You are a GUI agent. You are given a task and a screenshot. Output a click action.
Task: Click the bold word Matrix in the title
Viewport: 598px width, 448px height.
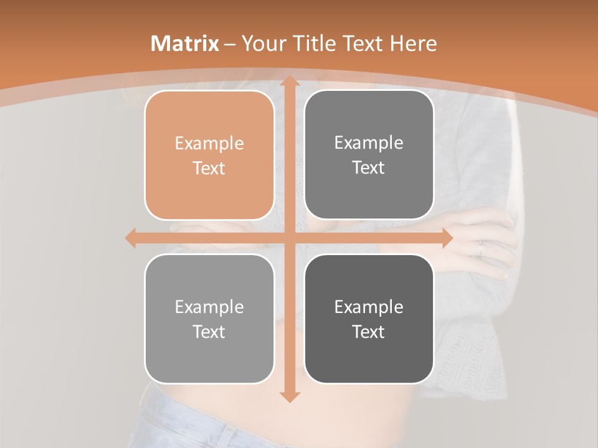185,44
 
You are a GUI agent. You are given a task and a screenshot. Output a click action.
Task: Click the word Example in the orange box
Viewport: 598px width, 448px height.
209,144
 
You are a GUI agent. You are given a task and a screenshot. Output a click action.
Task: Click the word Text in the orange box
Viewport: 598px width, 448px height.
209,168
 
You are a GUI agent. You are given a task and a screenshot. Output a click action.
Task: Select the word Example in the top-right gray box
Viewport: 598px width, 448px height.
369,143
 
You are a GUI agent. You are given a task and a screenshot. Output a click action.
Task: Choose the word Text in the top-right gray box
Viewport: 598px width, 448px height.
369,167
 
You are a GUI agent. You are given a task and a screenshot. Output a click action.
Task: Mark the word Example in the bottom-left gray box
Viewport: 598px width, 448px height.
209,307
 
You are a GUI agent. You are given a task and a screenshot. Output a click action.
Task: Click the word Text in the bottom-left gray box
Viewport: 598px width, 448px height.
209,332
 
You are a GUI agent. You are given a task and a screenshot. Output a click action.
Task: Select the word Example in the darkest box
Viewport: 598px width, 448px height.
369,307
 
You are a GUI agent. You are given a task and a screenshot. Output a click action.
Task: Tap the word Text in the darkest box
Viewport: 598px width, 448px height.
369,332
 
